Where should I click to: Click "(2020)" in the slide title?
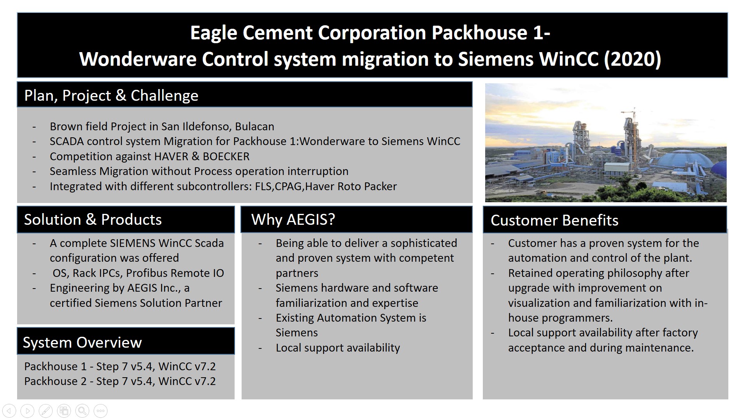click(x=632, y=59)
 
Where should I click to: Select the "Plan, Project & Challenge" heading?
click(x=111, y=96)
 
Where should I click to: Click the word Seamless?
click(x=73, y=171)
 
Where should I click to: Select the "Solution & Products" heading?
click(x=93, y=220)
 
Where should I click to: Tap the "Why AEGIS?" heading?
click(x=293, y=220)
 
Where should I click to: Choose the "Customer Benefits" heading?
click(x=554, y=220)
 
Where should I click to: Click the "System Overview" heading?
click(x=82, y=343)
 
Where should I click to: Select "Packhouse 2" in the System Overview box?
click(x=55, y=381)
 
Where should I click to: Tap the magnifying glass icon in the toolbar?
click(x=82, y=411)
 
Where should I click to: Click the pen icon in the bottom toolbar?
click(x=46, y=411)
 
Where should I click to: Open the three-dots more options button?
click(x=100, y=411)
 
